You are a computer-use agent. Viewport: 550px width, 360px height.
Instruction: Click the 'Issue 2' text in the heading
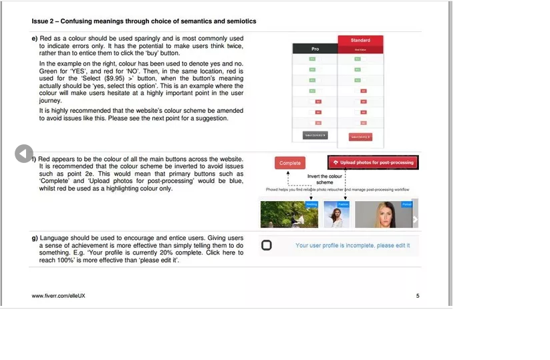(x=43, y=21)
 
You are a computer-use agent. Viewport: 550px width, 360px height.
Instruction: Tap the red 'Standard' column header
(x=360, y=40)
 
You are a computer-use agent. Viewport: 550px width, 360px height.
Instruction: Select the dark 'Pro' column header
(x=315, y=49)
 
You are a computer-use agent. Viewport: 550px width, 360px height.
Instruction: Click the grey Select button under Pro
(x=315, y=135)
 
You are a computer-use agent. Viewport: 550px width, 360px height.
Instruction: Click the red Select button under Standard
(x=360, y=137)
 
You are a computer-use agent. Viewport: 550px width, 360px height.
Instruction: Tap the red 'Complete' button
(x=290, y=163)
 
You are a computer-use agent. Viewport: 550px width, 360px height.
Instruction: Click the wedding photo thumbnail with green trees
(x=289, y=214)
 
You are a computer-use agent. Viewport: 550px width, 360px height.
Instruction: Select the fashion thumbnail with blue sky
(x=336, y=214)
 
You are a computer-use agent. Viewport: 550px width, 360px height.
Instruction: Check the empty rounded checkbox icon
(x=267, y=245)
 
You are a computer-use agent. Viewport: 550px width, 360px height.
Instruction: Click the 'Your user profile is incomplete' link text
(x=352, y=246)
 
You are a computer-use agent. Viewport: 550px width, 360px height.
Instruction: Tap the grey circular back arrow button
(x=24, y=154)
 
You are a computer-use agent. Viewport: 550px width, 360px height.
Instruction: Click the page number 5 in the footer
(x=418, y=295)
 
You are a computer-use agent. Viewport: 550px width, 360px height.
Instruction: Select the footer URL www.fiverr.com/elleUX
(x=59, y=295)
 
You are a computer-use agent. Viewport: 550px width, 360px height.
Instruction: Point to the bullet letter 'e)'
(x=34, y=39)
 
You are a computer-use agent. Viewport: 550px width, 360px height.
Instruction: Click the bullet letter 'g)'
(x=34, y=238)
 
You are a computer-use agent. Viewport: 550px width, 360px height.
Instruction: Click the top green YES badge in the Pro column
(x=311, y=59)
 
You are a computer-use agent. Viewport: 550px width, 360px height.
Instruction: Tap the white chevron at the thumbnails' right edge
(x=415, y=219)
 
